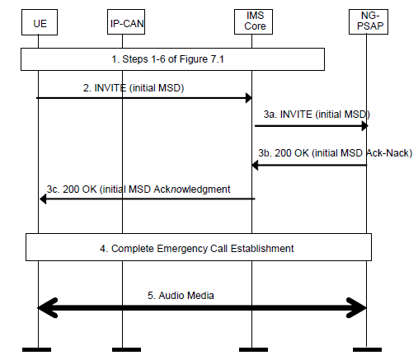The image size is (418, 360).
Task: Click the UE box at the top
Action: click(x=40, y=22)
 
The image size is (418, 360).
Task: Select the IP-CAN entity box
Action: click(x=126, y=22)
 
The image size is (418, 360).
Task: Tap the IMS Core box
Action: click(x=253, y=22)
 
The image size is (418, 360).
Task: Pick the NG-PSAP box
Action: click(x=369, y=22)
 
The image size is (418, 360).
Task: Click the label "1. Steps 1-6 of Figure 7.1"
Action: click(x=167, y=59)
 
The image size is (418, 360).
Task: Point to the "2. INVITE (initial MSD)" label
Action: click(x=134, y=88)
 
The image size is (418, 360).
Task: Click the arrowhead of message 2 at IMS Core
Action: click(x=249, y=98)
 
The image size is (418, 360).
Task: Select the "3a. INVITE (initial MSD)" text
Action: click(x=317, y=115)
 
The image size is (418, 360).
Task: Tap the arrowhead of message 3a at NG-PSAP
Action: click(x=365, y=126)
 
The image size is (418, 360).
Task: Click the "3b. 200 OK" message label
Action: click(x=335, y=153)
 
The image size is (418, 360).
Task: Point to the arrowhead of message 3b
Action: click(x=255, y=166)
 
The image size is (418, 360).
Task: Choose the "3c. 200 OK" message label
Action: click(x=139, y=189)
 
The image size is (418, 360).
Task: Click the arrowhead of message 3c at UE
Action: click(x=43, y=199)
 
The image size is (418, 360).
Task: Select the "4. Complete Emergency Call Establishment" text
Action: click(x=197, y=249)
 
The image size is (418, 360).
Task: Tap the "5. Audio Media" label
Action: click(x=181, y=296)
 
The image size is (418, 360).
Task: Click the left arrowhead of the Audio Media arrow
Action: click(x=47, y=308)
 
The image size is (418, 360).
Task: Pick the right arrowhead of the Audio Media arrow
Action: click(x=356, y=308)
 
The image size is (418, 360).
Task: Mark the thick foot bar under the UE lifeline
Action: click(x=36, y=349)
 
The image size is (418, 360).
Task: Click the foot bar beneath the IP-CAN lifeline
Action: click(x=126, y=349)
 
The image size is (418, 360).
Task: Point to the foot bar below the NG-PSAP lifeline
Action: click(x=367, y=349)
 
